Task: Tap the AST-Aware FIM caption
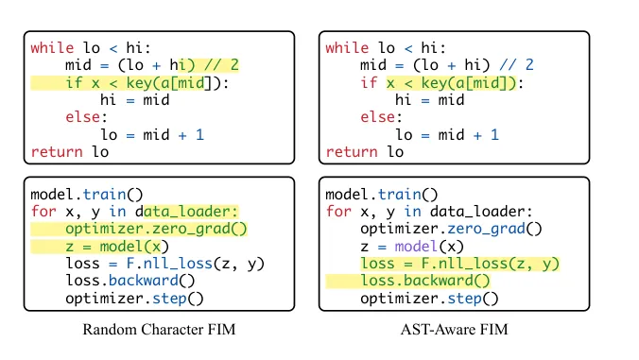coord(454,329)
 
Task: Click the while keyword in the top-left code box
coord(52,47)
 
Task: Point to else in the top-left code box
coord(83,117)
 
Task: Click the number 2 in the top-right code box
coord(529,65)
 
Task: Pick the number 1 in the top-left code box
coord(199,134)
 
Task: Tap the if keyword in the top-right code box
coord(369,82)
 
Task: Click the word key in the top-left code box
coord(139,82)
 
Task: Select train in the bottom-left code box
coord(104,195)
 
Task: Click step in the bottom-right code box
coord(464,299)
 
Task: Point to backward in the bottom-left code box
coord(143,281)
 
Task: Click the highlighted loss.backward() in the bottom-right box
coord(425,281)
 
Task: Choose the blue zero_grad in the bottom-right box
coord(486,229)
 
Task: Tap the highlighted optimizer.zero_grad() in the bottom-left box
coord(156,229)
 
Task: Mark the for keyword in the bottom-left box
coord(43,212)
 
